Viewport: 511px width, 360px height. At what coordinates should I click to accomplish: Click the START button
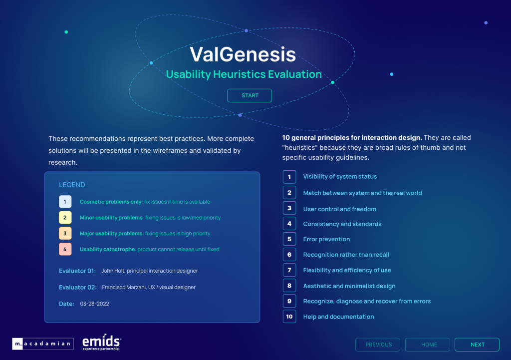point(250,95)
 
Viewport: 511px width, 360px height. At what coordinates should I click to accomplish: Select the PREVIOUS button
point(378,345)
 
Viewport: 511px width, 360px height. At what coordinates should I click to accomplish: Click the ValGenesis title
point(243,54)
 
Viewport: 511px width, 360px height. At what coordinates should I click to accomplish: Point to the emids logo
point(102,342)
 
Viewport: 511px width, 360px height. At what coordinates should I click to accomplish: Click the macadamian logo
point(43,344)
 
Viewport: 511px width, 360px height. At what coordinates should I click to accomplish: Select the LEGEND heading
point(72,185)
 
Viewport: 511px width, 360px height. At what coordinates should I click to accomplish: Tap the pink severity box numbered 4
point(65,249)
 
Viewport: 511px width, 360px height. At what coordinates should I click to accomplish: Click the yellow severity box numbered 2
point(65,218)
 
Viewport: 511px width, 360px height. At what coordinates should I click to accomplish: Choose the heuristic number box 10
point(289,317)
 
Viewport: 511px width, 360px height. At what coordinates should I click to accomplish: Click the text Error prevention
point(326,239)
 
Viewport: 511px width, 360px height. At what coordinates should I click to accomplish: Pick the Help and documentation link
point(339,317)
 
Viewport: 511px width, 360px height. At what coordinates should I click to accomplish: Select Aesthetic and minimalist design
point(349,286)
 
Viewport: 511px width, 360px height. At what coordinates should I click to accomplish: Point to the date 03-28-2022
point(94,304)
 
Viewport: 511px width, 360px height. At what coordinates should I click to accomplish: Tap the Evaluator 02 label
point(78,287)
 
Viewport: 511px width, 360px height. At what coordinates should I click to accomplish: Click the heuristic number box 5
point(289,239)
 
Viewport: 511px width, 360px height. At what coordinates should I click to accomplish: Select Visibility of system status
point(340,176)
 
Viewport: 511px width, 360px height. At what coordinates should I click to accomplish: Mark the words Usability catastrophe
point(107,249)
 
